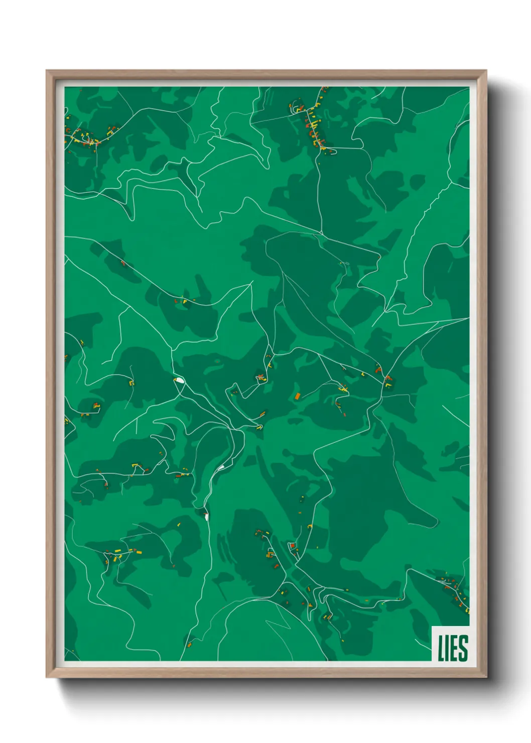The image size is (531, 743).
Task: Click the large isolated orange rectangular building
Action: pyautogui.click(x=297, y=396)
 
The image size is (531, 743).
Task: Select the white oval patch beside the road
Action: pyautogui.click(x=179, y=380)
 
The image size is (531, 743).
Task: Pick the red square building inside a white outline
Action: pyautogui.click(x=291, y=545)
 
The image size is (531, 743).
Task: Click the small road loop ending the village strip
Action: pyautogui.click(x=329, y=149)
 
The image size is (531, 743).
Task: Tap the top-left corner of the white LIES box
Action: pyautogui.click(x=432, y=627)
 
